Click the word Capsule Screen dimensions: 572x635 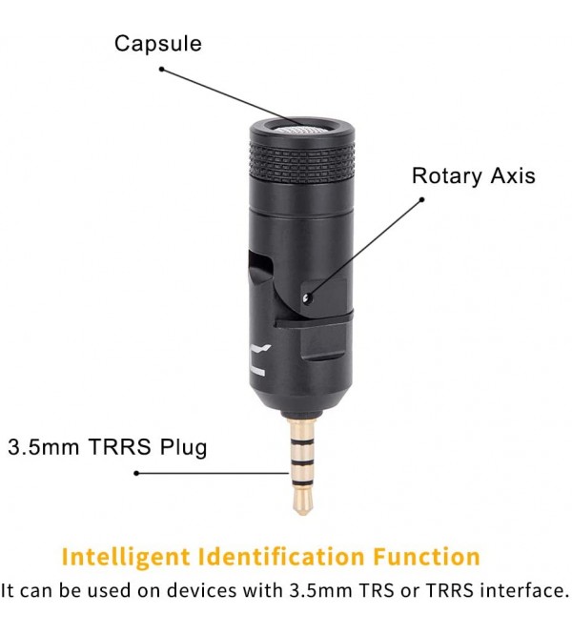(x=158, y=44)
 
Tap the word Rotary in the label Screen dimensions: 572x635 (x=447, y=176)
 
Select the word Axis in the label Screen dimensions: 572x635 (x=513, y=176)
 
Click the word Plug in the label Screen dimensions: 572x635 (x=183, y=448)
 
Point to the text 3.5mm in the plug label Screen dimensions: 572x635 (x=43, y=447)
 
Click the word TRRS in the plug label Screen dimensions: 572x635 (x=119, y=447)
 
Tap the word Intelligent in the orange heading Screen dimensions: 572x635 (x=126, y=557)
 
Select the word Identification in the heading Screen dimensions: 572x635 (x=281, y=557)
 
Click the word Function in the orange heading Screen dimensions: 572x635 (x=426, y=557)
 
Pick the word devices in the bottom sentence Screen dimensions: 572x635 (x=201, y=590)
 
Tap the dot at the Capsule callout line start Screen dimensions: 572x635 (x=161, y=70)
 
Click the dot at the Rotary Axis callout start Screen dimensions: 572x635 (x=421, y=199)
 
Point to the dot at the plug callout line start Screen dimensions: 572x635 (x=136, y=473)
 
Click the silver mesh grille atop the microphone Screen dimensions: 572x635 (x=301, y=130)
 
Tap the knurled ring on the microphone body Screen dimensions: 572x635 (x=302, y=163)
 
